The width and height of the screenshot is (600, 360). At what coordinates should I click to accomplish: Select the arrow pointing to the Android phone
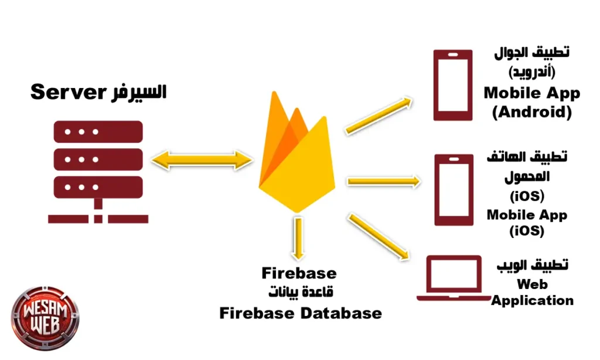[378, 115]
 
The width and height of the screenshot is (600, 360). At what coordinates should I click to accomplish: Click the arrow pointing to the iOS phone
[384, 181]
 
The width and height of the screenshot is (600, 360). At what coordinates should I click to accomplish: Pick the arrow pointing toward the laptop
[378, 236]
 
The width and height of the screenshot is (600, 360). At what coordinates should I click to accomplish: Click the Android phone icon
[452, 85]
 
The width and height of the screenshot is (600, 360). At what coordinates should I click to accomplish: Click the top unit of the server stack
[98, 131]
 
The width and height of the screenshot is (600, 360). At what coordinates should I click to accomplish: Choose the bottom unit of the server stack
[98, 186]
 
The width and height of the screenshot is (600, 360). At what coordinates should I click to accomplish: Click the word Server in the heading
[64, 92]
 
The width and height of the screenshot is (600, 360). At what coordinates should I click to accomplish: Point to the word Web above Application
[532, 284]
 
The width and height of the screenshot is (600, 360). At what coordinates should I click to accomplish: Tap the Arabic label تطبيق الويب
[532, 266]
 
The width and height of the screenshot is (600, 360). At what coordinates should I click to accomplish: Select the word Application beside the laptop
[532, 300]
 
